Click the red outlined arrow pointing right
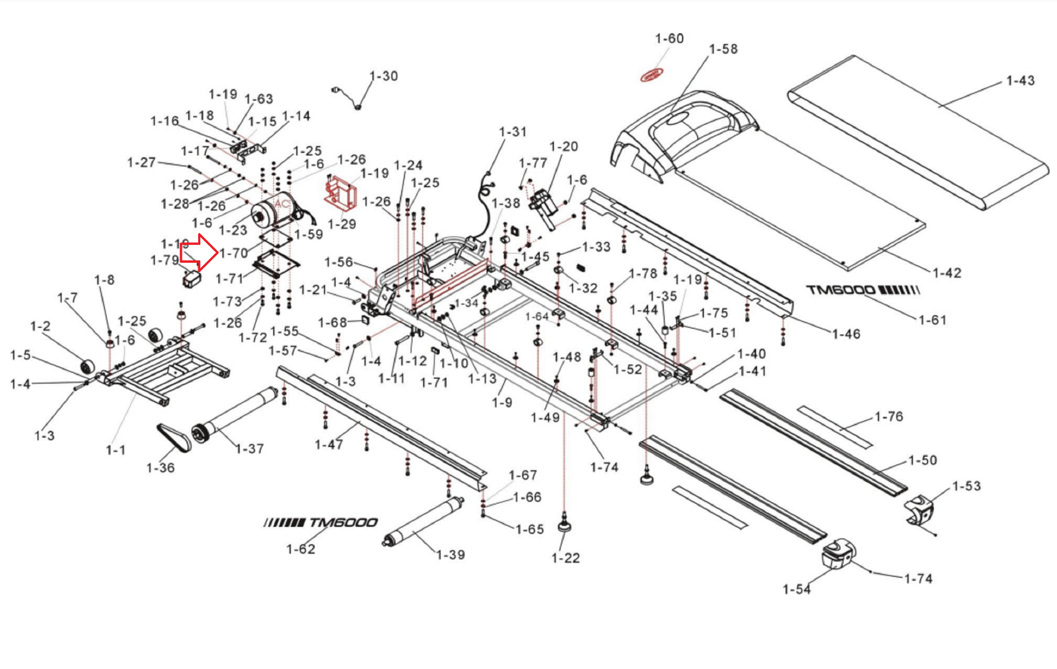[200, 253]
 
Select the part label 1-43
[1020, 81]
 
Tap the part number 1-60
[669, 39]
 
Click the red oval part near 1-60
[652, 76]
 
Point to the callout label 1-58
[723, 50]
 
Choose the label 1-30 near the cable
[383, 77]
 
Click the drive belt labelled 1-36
[174, 437]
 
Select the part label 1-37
[250, 449]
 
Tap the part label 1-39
[451, 555]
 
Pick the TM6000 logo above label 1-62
[320, 523]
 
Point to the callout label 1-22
[565, 559]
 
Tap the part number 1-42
[947, 273]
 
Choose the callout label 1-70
[234, 253]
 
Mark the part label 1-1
[116, 450]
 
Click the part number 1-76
[889, 417]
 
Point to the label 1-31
[513, 132]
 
